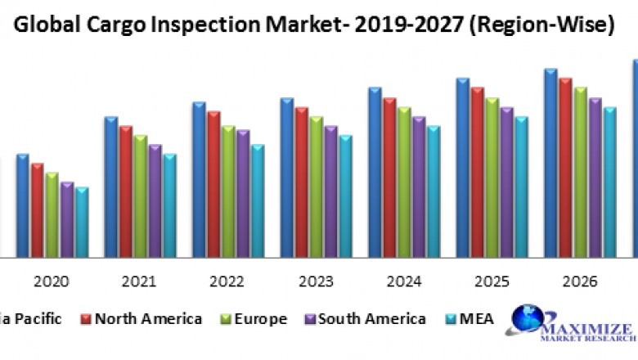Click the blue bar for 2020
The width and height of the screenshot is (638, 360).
coord(23,205)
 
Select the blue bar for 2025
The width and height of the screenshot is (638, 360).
coord(463,167)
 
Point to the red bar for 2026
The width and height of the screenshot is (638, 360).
coord(565,167)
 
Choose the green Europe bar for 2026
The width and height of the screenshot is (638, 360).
coord(580,172)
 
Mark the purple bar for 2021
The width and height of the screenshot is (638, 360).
coord(155,200)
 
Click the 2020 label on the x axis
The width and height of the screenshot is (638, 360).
coord(52,281)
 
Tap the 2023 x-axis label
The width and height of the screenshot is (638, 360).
coord(315,281)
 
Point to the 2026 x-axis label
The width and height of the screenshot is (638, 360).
coord(579,281)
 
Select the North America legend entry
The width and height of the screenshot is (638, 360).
coord(142,319)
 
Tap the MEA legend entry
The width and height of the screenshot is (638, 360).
coord(470,319)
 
